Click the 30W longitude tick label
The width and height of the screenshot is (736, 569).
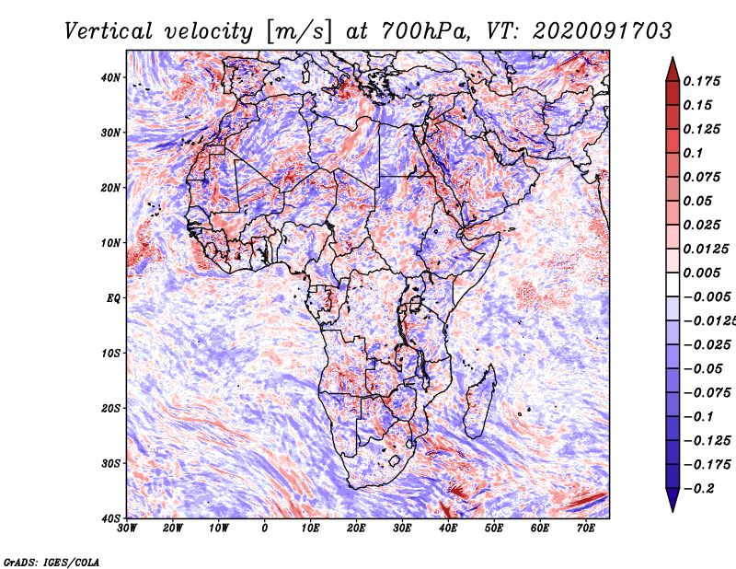(128, 528)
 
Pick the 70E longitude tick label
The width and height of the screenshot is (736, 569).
(586, 528)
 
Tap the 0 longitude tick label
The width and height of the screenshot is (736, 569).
(265, 528)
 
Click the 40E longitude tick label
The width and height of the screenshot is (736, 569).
(448, 528)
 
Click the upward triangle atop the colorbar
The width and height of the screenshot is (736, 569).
(673, 67)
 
